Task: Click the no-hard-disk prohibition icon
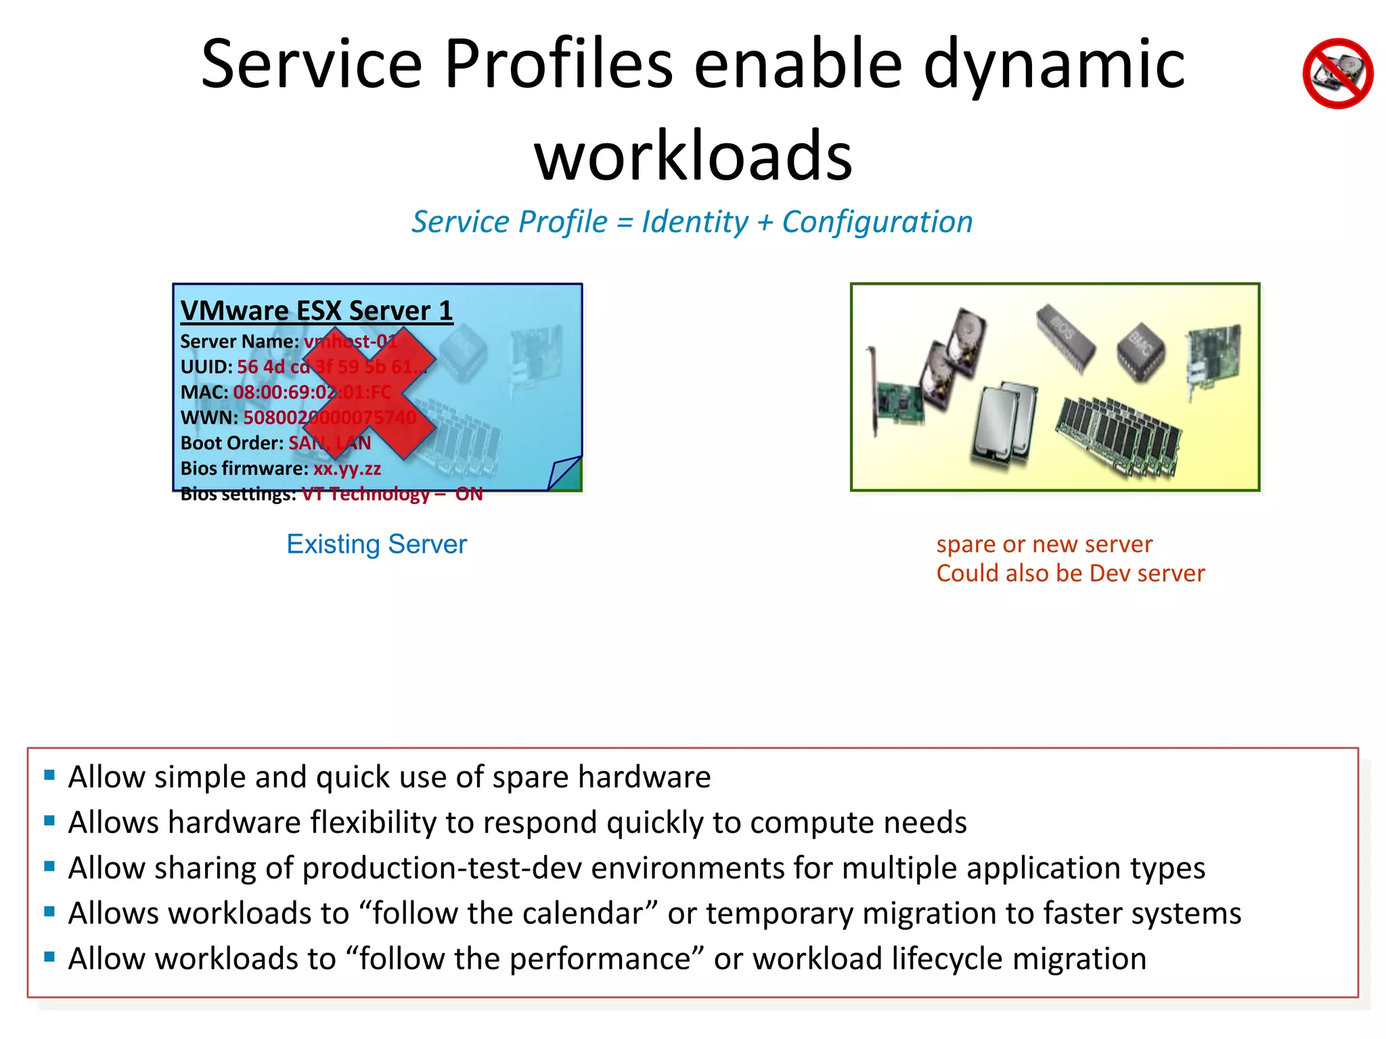pyautogui.click(x=1337, y=73)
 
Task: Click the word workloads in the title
pyautogui.click(x=693, y=157)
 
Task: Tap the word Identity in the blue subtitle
pyautogui.click(x=695, y=222)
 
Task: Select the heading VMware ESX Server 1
pyautogui.click(x=317, y=310)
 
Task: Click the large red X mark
pyautogui.click(x=369, y=393)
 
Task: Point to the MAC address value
pyautogui.click(x=312, y=392)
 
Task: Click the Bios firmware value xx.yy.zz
pyautogui.click(x=346, y=468)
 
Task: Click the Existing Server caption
pyautogui.click(x=376, y=544)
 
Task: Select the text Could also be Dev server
pyautogui.click(x=1070, y=573)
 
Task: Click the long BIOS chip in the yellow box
pyautogui.click(x=1066, y=338)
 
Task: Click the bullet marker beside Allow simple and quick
pyautogui.click(x=49, y=775)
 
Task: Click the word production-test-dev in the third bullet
pyautogui.click(x=442, y=868)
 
